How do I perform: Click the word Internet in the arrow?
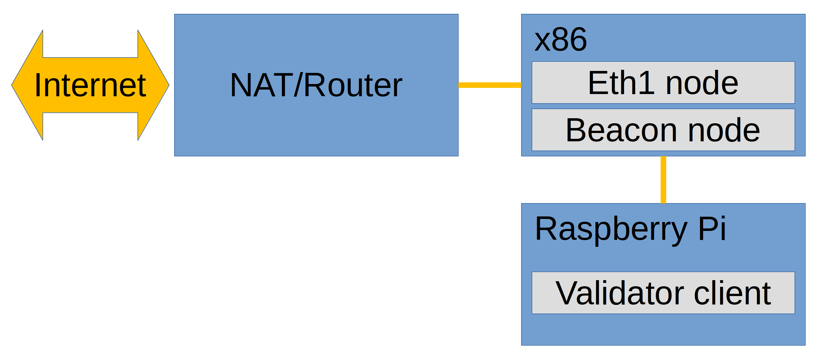tap(90, 85)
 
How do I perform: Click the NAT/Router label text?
tap(316, 85)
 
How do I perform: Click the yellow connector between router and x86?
tap(490, 85)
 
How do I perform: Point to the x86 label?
tap(560, 40)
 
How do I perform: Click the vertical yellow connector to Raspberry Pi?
tap(663, 180)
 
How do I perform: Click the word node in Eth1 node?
tap(702, 83)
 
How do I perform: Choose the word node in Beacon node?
tap(724, 130)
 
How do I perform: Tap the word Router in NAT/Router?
tap(353, 85)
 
